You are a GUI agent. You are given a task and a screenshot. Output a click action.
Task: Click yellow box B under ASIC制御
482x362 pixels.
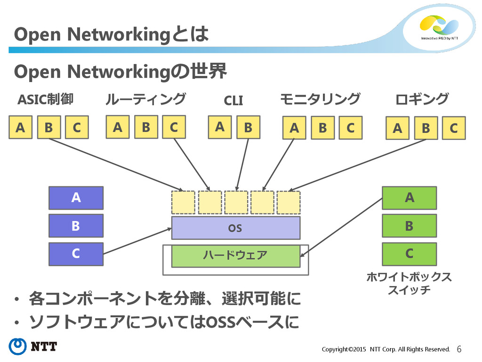pyautogui.click(x=48, y=127)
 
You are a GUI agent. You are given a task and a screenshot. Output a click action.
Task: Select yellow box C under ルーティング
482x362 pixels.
pyautogui.click(x=174, y=127)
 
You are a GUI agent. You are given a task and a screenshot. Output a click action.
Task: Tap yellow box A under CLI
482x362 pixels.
pyautogui.click(x=219, y=127)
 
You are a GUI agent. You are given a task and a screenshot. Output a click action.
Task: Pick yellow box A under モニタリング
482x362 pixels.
pyautogui.click(x=294, y=127)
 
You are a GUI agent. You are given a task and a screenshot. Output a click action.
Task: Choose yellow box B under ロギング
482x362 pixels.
pyautogui.click(x=426, y=128)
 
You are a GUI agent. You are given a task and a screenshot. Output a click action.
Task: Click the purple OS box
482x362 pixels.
pyautogui.click(x=236, y=228)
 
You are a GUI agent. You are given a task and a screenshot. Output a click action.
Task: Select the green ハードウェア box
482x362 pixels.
pyautogui.click(x=236, y=256)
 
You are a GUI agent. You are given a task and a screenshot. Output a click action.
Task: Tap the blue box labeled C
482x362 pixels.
pyautogui.click(x=76, y=254)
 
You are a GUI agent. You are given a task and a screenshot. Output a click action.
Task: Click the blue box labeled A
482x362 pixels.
pyautogui.click(x=76, y=197)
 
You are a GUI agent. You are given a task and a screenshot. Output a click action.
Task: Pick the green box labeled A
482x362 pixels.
pyautogui.click(x=409, y=197)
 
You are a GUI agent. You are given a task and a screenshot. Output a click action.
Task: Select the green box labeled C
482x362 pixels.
pyautogui.click(x=409, y=254)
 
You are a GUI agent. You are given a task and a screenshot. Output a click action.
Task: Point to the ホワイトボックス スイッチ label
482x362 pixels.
pyautogui.click(x=409, y=283)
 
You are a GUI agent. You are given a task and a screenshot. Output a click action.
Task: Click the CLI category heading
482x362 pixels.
pyautogui.click(x=233, y=100)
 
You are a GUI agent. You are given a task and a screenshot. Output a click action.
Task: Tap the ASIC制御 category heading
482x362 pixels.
pyautogui.click(x=46, y=99)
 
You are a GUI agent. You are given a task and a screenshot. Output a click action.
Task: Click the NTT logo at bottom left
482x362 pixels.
pyautogui.click(x=32, y=346)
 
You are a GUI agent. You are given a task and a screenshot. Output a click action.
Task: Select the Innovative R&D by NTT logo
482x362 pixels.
pyautogui.click(x=439, y=28)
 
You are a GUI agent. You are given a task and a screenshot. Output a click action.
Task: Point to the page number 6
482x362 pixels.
pyautogui.click(x=459, y=349)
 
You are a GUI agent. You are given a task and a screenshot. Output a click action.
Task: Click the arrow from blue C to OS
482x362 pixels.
pyautogui.click(x=137, y=241)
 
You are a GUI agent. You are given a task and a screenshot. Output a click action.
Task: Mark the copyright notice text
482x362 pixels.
pyautogui.click(x=386, y=349)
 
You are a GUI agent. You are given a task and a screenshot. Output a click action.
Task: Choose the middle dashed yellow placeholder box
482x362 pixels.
pyautogui.click(x=236, y=202)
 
